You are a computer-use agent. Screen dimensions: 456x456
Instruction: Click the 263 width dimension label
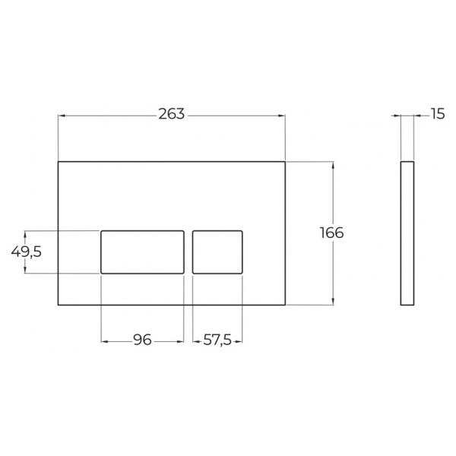click(x=172, y=115)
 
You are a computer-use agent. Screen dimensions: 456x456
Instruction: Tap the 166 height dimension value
click(x=332, y=233)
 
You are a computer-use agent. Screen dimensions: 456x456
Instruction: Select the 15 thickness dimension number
click(x=437, y=115)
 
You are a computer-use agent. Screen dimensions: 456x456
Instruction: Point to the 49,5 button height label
click(x=27, y=252)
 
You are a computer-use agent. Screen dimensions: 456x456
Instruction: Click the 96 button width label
click(x=143, y=340)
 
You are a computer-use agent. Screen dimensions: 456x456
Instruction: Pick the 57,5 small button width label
click(x=218, y=340)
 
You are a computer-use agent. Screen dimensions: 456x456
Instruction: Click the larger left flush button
click(x=143, y=251)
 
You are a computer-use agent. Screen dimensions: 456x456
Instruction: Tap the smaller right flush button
click(x=217, y=251)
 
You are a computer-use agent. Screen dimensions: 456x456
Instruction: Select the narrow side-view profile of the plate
click(x=407, y=233)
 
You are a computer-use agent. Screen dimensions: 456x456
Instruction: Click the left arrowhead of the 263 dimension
click(x=62, y=116)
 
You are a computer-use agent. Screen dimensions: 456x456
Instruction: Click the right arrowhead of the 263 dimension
click(x=282, y=116)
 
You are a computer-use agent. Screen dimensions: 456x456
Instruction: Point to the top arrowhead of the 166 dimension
click(x=332, y=164)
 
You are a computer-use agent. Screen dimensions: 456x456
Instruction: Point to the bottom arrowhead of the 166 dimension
click(x=332, y=302)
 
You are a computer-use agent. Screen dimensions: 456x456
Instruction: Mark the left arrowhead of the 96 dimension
click(x=104, y=341)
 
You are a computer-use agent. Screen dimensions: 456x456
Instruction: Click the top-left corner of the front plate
click(x=59, y=161)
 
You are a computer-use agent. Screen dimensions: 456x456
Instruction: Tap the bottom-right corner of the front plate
click(x=285, y=306)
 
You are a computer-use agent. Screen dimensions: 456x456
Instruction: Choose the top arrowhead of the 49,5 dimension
click(x=25, y=233)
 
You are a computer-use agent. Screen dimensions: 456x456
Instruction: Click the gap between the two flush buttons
click(x=188, y=251)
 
